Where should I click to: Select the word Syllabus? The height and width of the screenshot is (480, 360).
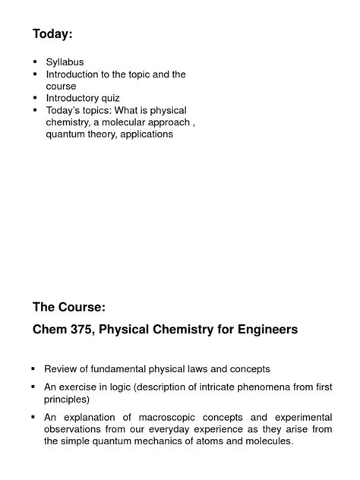[x=65, y=62]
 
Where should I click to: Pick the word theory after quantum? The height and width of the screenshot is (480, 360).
[x=107, y=134]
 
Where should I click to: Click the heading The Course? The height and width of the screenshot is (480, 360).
[x=69, y=308]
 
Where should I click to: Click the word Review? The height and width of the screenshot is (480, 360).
[x=62, y=369]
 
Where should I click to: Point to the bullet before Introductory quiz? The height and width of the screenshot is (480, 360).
[x=35, y=98]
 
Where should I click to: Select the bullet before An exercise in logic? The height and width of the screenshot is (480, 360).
[x=34, y=387]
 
